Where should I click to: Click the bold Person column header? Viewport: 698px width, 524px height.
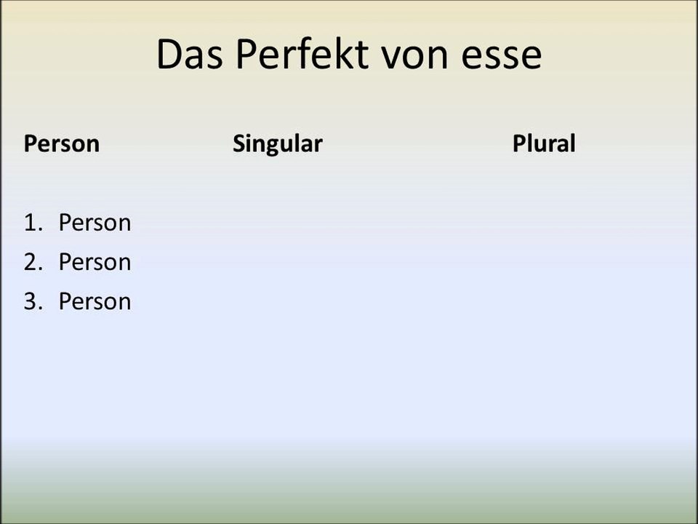tap(61, 143)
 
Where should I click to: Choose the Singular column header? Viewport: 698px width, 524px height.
tap(277, 144)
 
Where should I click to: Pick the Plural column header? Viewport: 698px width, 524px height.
tap(543, 143)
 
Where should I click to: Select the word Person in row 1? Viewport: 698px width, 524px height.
tap(95, 223)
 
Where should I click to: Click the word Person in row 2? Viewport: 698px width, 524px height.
tap(95, 262)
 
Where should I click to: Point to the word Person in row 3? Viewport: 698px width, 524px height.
tap(95, 301)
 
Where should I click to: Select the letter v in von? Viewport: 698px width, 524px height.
tap(396, 59)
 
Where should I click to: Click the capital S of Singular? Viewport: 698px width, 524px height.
tap(239, 143)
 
